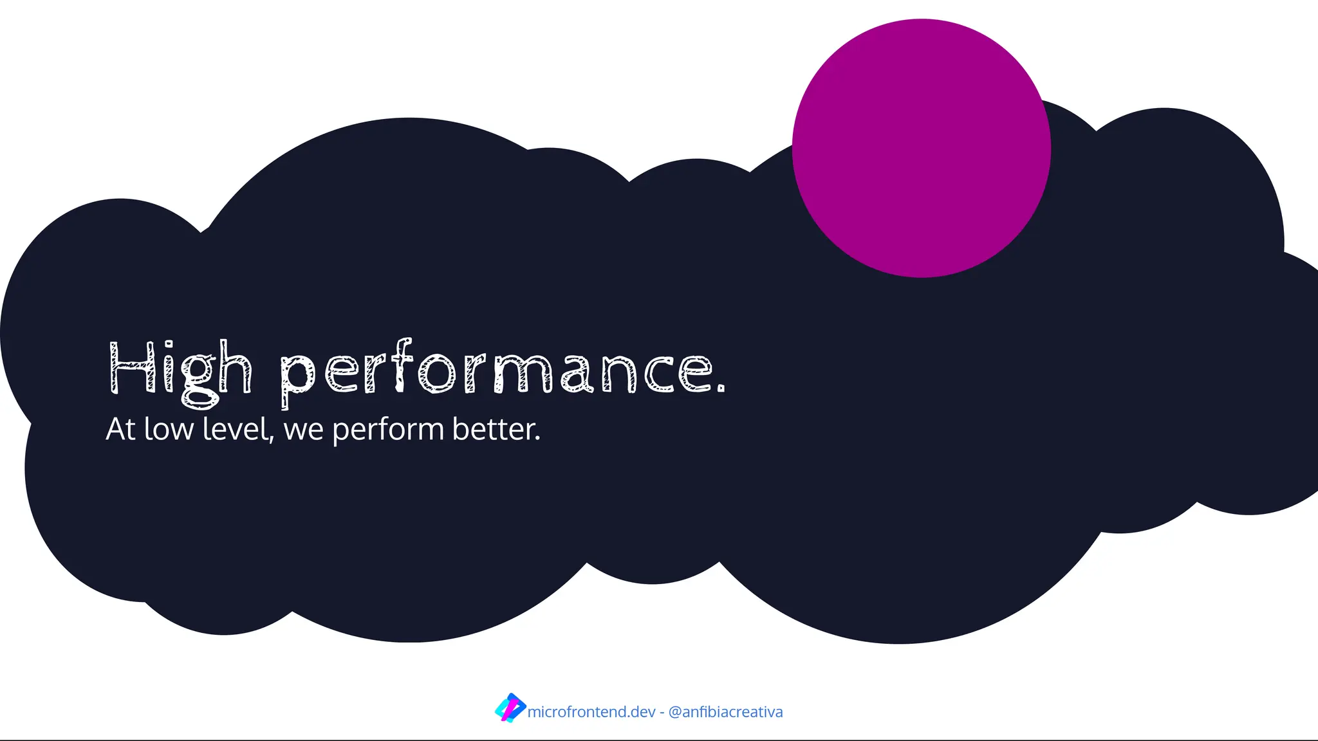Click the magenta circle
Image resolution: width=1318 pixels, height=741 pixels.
coord(921,148)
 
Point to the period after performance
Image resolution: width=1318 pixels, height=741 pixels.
coord(721,387)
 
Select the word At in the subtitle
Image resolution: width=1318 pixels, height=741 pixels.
coord(120,429)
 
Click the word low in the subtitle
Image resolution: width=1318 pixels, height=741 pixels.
coord(169,429)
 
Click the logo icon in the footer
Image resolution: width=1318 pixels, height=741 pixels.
coord(510,708)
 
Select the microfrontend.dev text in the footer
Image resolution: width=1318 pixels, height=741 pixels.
coord(591,712)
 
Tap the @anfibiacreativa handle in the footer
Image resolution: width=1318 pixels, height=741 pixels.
coord(725,712)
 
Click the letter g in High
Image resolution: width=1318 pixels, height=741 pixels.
coord(199,380)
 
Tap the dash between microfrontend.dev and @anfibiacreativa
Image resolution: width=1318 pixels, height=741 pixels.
coord(662,713)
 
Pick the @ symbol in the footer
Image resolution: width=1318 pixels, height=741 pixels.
coord(675,713)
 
